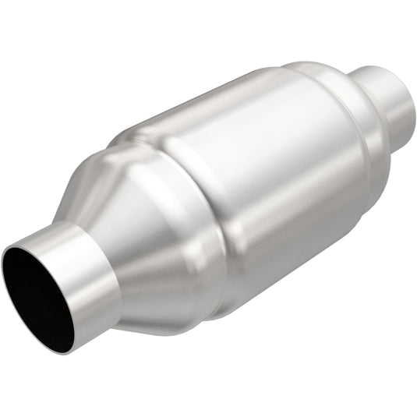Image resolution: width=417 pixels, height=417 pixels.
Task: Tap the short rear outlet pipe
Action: coord(386,97)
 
